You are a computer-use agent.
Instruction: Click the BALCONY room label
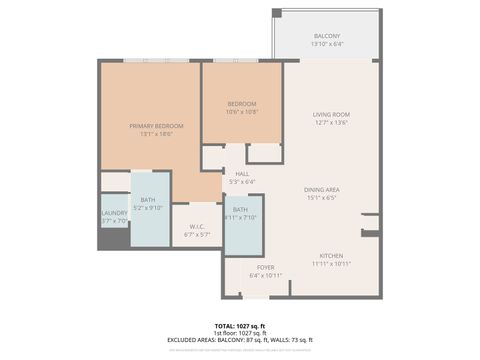pos(326,36)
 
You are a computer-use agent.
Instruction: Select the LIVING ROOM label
pos(331,115)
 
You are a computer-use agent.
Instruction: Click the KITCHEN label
pos(331,255)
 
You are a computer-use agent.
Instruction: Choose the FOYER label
pos(265,267)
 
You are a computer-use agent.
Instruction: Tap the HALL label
pos(242,173)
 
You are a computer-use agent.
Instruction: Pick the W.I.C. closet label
pos(197,226)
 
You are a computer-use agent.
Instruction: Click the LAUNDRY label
pos(113,212)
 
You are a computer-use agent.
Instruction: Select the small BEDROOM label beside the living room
pos(241,104)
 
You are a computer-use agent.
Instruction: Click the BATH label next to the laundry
pos(148,200)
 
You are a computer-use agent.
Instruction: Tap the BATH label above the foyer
pos(240,209)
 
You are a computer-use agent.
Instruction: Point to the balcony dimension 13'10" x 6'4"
pos(326,44)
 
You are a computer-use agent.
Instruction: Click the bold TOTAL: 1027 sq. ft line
pos(240,326)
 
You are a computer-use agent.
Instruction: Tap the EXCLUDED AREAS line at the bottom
pos(240,340)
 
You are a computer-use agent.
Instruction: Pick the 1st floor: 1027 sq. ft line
pos(240,333)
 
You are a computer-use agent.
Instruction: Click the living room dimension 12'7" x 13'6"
pos(331,123)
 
